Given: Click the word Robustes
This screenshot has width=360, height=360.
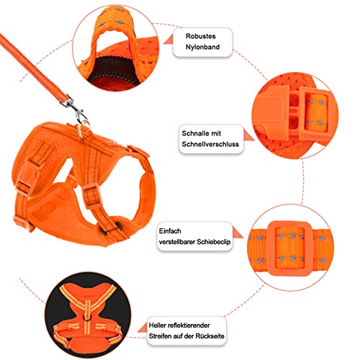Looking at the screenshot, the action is tap(201, 36).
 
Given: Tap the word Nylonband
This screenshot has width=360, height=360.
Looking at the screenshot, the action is tap(202, 47).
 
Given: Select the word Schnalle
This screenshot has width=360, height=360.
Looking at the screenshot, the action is tap(196, 133).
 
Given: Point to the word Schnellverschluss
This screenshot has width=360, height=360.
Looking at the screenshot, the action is tap(210, 144).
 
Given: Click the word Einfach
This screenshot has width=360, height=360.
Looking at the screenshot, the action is tap(170, 231).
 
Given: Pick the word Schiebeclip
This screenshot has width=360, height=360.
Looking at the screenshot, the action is tap(214, 242).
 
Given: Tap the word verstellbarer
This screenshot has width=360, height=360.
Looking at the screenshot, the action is tap(177, 242).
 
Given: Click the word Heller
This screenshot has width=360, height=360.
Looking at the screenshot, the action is tap(158, 325).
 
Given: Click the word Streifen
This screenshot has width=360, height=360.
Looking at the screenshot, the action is tap(159, 336).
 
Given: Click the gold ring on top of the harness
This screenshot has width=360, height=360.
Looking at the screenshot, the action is tap(84, 131).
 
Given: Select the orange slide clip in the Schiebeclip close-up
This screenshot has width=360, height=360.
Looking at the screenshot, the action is tap(289, 248).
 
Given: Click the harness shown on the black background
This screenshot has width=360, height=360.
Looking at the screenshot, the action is tap(88, 316).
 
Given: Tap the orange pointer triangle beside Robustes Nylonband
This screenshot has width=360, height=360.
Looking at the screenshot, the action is tap(168, 40).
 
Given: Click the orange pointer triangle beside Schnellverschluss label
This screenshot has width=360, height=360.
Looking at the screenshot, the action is tap(248, 135).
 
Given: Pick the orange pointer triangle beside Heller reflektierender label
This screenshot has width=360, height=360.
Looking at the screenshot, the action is tap(143, 328).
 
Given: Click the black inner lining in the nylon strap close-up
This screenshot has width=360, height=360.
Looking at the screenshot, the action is tap(113, 70).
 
